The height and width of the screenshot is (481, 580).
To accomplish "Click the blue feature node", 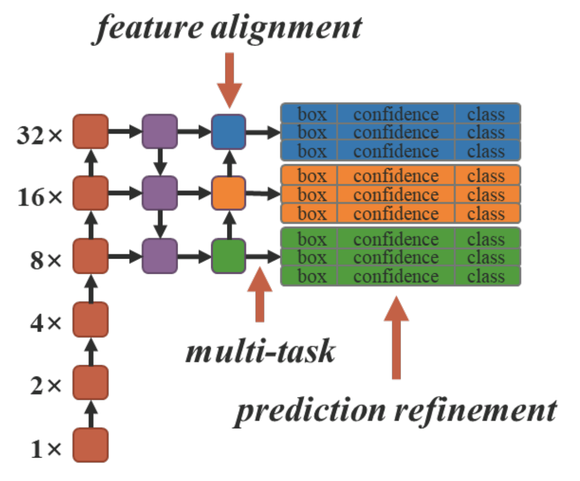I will click(228, 131).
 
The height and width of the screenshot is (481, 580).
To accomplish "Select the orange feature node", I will click(228, 194).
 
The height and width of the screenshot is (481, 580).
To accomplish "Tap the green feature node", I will click(228, 256).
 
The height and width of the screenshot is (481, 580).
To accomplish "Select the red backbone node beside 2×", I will click(90, 382).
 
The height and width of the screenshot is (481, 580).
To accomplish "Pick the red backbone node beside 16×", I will click(90, 194).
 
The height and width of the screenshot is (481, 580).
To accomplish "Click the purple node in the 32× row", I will click(159, 131).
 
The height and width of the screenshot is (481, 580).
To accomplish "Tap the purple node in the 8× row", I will click(159, 256).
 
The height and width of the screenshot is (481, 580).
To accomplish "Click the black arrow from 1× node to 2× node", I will click(90, 413).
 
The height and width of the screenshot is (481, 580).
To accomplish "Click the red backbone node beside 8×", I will click(90, 256).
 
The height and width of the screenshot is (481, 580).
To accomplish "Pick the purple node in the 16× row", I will click(159, 194).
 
